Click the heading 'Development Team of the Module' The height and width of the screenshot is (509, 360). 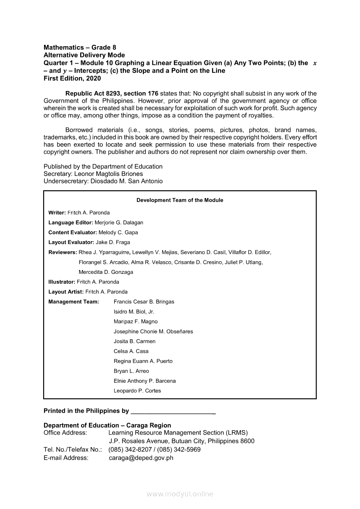pos(180,200)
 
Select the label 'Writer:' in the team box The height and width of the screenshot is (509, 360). pos(57,212)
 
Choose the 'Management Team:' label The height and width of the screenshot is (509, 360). pos(74,302)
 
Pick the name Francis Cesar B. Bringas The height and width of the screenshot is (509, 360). pos(144,302)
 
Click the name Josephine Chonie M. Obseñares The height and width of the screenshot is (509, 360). pos(153,331)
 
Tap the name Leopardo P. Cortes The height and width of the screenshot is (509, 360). pos(137,391)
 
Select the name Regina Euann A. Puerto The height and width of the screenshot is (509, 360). pos(143,361)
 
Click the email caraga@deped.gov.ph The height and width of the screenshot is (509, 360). pos(141,458)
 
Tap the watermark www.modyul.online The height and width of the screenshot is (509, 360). pos(180,494)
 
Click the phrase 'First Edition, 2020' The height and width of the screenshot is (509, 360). pos(72,78)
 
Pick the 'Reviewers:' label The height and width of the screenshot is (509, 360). pos(63,252)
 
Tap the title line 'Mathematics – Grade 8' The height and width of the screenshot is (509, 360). pos(80,47)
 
